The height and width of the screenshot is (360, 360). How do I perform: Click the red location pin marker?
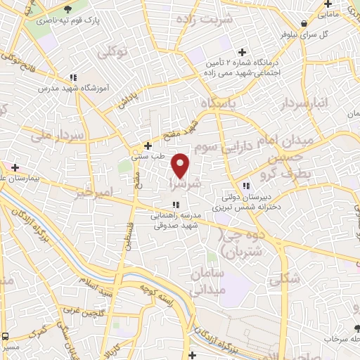[181, 165]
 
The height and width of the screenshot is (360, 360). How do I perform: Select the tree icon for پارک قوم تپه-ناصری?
[68, 9]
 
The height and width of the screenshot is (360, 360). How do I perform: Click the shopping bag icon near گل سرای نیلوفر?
[303, 23]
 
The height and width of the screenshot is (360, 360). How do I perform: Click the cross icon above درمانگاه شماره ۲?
[243, 52]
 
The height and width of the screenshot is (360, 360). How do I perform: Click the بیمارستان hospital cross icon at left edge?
[14, 168]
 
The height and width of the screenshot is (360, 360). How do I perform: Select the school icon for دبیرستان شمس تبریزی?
[246, 186]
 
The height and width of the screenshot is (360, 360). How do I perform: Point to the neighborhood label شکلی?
[285, 278]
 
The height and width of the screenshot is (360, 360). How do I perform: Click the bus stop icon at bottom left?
[6, 336]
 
